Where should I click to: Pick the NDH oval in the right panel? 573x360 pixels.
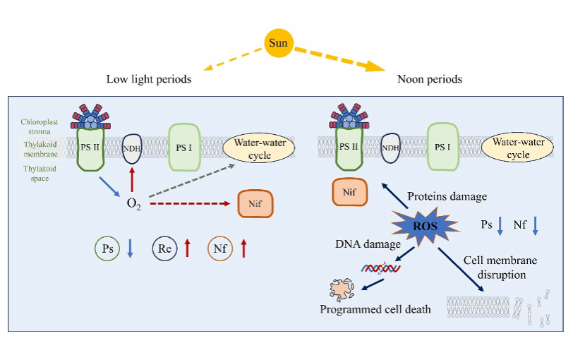[x=392, y=148]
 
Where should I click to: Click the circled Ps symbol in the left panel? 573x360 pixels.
[x=107, y=248]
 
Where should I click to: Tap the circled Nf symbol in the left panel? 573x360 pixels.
[x=220, y=248]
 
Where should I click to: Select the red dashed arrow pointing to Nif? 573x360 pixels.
[x=191, y=204]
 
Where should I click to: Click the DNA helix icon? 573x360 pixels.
[x=378, y=268]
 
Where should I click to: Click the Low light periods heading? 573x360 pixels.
[x=149, y=79]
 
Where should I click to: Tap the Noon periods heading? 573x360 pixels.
[x=429, y=79]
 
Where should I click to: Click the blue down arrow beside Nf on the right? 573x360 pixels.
[x=536, y=226]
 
